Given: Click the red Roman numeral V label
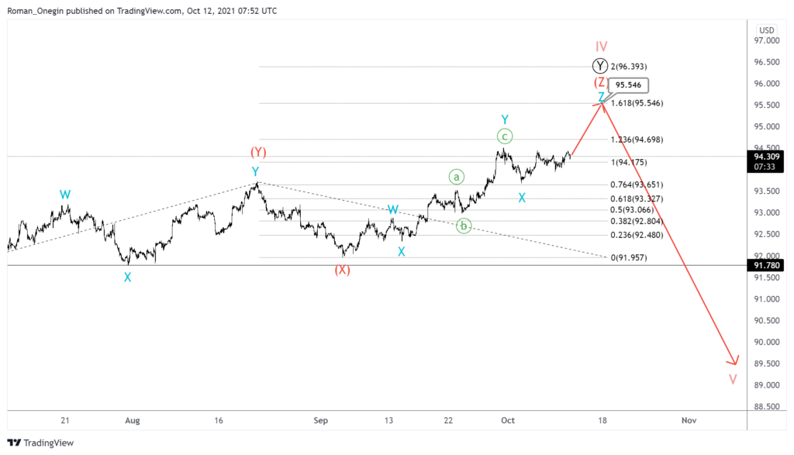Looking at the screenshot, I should click(x=733, y=379).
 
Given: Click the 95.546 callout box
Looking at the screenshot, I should click(x=628, y=86).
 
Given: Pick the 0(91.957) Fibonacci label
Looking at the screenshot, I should click(x=629, y=257).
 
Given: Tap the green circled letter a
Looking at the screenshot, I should click(x=457, y=177).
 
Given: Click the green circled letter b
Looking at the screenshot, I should click(x=464, y=226).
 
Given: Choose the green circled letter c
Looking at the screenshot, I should click(x=504, y=136).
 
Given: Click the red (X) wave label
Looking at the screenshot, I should click(x=342, y=270).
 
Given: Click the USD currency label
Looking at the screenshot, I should click(x=767, y=30).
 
